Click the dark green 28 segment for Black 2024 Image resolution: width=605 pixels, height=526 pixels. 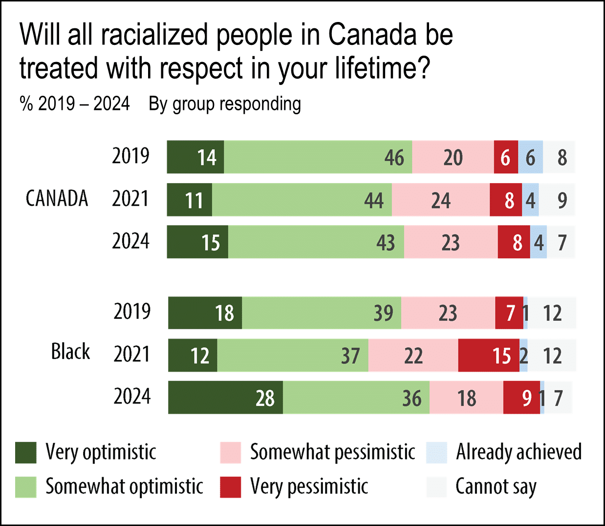(x=225, y=398)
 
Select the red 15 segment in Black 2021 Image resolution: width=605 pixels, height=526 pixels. (x=488, y=356)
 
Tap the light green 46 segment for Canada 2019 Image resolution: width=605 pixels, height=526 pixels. (x=318, y=157)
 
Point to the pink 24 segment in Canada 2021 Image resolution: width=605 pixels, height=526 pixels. (x=440, y=200)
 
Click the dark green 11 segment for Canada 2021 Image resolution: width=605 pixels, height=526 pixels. (x=190, y=200)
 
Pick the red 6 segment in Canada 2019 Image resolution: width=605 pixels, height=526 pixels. (x=506, y=157)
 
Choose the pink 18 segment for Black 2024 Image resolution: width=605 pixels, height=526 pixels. (x=466, y=398)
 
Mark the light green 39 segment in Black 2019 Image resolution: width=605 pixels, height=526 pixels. (x=322, y=313)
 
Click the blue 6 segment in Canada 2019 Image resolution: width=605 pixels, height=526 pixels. (x=530, y=157)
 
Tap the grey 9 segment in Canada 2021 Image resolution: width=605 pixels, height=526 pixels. (x=557, y=200)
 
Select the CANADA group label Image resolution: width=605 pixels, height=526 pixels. (x=57, y=199)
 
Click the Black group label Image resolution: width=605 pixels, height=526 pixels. (x=70, y=352)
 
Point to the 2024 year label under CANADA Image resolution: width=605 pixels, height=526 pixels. (x=130, y=241)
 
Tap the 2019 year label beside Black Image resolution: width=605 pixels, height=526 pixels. (x=132, y=312)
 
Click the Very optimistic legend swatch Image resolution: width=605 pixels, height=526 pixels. (x=26, y=453)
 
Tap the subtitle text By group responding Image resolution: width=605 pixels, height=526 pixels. (x=225, y=104)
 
